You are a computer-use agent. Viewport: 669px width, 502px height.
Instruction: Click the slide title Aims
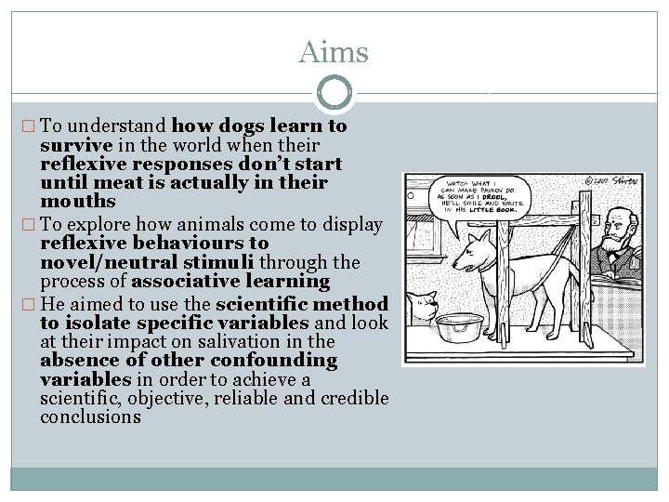(x=334, y=52)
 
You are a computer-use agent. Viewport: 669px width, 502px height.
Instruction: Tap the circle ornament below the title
(x=334, y=93)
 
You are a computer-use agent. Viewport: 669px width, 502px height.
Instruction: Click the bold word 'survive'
(x=76, y=145)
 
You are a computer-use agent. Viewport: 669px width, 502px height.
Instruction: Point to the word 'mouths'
(x=78, y=201)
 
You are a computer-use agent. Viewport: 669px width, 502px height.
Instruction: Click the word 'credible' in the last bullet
(x=354, y=398)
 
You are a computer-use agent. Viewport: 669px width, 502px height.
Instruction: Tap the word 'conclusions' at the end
(x=90, y=416)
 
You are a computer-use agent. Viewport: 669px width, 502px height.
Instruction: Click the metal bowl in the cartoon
(x=459, y=326)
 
